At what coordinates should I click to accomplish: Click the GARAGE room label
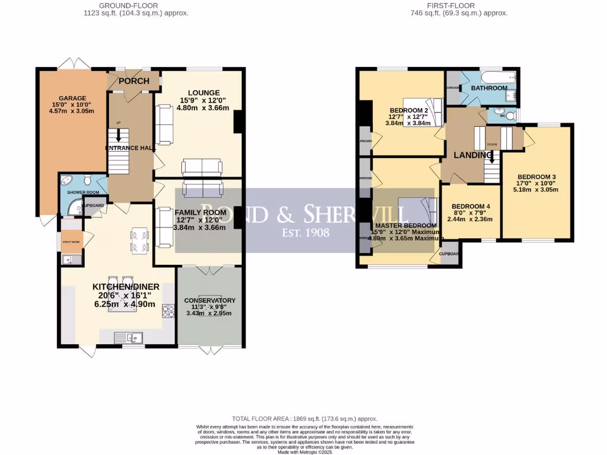(72, 98)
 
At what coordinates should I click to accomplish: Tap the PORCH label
(133, 81)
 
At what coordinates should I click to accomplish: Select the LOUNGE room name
(204, 92)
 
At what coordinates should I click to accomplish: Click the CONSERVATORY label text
(210, 300)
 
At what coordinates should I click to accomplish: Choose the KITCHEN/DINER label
(126, 287)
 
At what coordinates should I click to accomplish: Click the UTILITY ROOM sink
(68, 258)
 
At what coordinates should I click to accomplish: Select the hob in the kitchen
(168, 311)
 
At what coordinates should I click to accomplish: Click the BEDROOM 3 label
(536, 177)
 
